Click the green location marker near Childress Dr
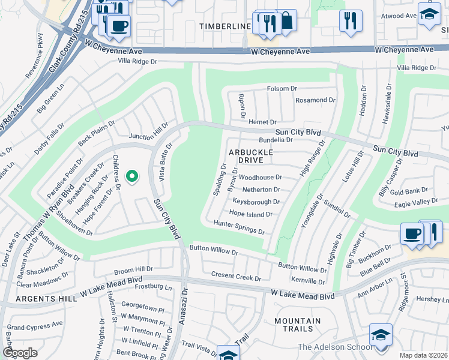click(x=132, y=176)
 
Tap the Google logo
click(x=20, y=353)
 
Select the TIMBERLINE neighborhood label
click(x=225, y=27)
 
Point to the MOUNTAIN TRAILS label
click(x=294, y=325)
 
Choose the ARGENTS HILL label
click(x=28, y=298)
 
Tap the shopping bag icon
click(x=286, y=21)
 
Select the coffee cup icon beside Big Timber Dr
click(x=412, y=233)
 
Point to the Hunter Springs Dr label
click(x=239, y=227)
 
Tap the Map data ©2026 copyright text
click(x=424, y=355)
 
